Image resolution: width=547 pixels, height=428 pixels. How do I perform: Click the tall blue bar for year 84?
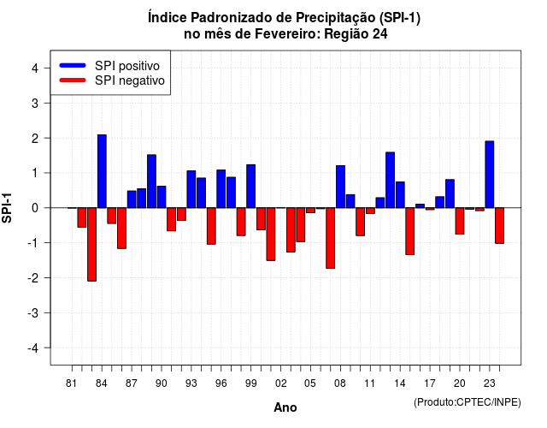point(102,171)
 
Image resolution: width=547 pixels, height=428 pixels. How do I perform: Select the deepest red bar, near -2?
point(91,244)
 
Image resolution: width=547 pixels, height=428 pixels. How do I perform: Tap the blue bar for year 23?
point(490,175)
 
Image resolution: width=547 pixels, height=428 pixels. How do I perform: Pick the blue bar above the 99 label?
point(250,187)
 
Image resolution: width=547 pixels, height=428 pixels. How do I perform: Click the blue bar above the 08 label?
point(340,187)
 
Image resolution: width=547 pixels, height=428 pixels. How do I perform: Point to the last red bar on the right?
point(499,225)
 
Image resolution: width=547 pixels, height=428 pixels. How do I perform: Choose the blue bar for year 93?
point(191,189)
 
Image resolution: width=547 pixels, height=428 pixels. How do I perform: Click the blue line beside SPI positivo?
point(73,65)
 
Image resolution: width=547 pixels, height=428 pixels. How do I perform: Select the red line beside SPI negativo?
point(73,80)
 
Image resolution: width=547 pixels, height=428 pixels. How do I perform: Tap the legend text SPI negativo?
point(130,80)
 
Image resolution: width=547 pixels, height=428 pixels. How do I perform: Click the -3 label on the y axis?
point(33,313)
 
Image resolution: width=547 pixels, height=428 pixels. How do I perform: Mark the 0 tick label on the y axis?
point(35,208)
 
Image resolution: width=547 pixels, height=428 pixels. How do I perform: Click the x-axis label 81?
point(71,383)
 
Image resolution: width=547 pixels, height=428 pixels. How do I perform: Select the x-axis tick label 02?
point(281,383)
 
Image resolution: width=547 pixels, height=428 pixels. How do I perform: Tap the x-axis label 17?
point(430,383)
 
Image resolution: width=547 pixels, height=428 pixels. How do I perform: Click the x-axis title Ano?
point(285,407)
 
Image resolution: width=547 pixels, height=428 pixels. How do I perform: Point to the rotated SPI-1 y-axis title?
point(7,208)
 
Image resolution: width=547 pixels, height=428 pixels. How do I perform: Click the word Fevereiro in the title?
point(287,34)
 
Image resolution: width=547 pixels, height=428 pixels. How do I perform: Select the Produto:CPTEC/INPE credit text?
point(468,402)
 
